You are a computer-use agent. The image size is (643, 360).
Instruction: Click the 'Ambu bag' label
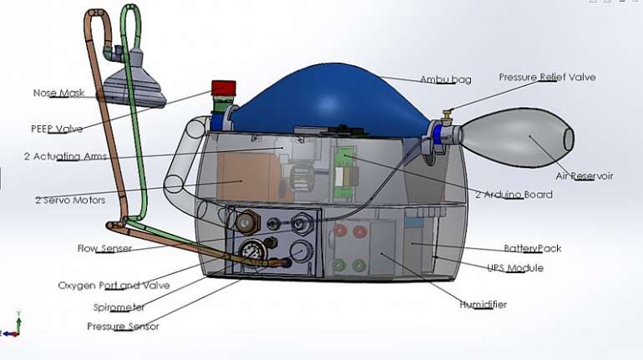tap(446, 79)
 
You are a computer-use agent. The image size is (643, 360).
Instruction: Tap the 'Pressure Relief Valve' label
tap(547, 77)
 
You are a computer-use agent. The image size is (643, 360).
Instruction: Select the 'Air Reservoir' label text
tap(585, 176)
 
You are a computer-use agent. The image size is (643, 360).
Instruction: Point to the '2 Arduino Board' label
tap(514, 195)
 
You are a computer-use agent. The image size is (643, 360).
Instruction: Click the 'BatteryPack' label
tap(532, 248)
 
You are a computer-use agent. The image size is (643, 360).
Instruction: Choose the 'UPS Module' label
tap(515, 268)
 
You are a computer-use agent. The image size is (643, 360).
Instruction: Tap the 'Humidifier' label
tap(483, 305)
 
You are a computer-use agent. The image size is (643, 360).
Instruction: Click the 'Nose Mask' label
tap(58, 93)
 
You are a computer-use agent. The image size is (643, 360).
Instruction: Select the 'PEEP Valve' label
tap(57, 129)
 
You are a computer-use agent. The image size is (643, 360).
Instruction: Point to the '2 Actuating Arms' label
tap(66, 157)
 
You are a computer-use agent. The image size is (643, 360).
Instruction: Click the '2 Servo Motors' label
tap(70, 200)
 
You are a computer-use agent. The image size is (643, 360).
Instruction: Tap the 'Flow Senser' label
tap(104, 248)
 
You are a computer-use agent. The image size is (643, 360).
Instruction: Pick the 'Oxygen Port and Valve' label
tap(114, 286)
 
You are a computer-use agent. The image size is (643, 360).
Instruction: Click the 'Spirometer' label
tap(119, 307)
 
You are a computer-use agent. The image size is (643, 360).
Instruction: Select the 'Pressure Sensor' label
tap(123, 327)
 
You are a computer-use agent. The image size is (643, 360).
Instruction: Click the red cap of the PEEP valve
tap(224, 89)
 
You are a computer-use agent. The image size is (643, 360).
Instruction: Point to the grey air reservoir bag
tap(518, 137)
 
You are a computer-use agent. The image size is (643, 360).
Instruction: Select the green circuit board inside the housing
tap(344, 175)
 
